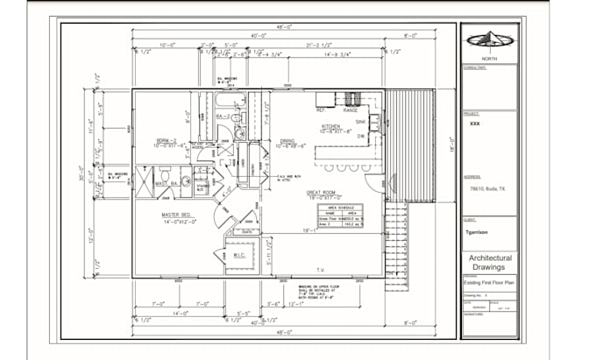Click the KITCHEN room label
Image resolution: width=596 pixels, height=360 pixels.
click(x=330, y=126)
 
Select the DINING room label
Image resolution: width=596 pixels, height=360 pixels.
click(x=287, y=140)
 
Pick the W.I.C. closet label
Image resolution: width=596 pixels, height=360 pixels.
click(x=238, y=256)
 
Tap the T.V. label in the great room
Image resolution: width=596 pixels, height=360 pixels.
click(x=320, y=270)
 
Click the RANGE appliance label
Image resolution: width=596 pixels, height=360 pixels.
click(x=351, y=110)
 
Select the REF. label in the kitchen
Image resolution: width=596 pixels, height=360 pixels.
click(x=321, y=110)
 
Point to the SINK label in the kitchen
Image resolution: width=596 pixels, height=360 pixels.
click(x=360, y=123)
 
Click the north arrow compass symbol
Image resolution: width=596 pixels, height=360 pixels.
click(x=489, y=39)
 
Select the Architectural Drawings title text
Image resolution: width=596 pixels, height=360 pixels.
click(x=490, y=263)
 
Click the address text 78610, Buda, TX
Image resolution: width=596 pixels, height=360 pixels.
click(x=484, y=188)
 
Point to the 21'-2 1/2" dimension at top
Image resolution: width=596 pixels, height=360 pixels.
click(x=318, y=45)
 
